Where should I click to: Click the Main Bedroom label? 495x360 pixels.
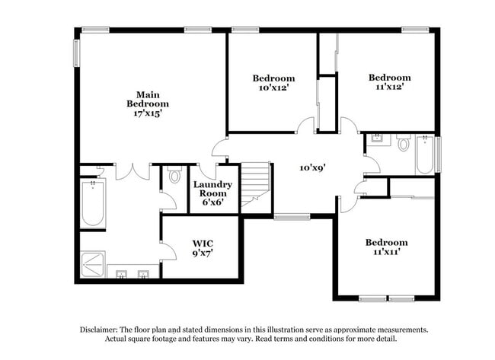tap(148, 99)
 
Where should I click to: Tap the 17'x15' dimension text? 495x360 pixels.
tap(148, 113)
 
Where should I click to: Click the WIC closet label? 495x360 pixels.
tap(203, 244)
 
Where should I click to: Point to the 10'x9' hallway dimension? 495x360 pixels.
tap(312, 167)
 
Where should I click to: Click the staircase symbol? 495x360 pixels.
tap(256, 187)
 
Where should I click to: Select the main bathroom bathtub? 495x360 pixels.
tap(93, 204)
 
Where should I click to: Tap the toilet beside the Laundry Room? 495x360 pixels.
tap(174, 176)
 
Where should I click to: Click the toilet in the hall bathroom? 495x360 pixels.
tap(404, 142)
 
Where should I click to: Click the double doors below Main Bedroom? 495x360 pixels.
tap(133, 171)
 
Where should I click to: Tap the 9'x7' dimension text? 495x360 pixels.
tap(203, 253)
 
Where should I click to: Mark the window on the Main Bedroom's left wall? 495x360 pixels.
tap(76, 53)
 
